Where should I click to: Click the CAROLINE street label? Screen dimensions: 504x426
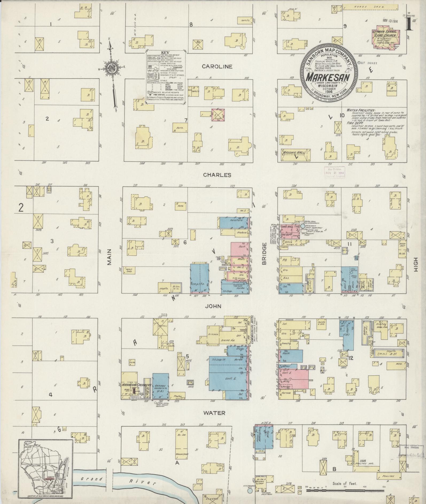point(217,67)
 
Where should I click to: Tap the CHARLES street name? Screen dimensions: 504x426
point(217,175)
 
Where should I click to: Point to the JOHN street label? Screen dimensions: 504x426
point(213,306)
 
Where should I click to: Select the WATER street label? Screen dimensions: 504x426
point(214,413)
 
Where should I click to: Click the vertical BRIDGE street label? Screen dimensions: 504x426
point(264,254)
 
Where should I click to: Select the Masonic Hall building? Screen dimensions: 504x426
point(295,155)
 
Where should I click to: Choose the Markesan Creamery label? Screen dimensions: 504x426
point(136,385)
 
